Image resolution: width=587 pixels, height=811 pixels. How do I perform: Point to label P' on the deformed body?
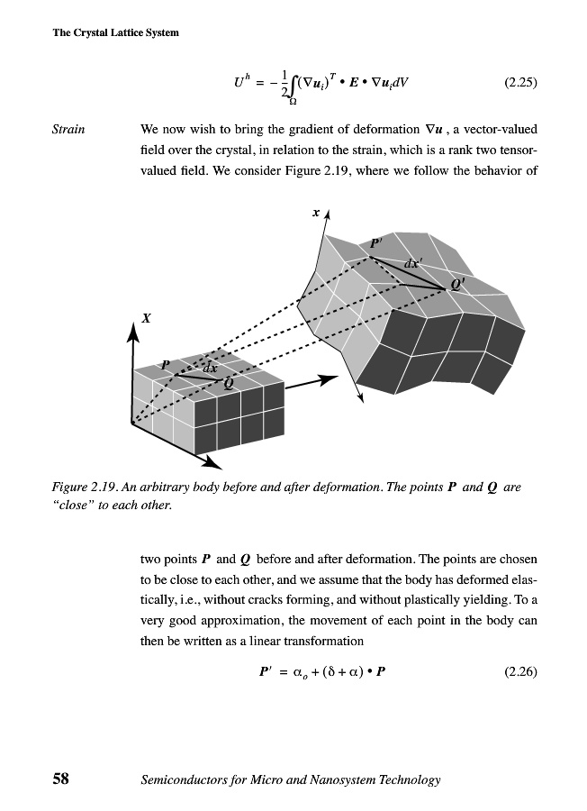point(376,243)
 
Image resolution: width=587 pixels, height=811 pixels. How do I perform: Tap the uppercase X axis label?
point(145,317)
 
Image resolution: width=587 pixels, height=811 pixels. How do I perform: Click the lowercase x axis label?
point(316,214)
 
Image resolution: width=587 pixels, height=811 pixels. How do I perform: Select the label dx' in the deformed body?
point(413,264)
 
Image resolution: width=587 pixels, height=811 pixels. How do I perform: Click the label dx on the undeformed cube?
point(209,368)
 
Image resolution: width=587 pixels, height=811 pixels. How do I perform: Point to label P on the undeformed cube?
point(166,365)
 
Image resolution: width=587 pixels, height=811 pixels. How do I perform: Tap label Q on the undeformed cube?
point(227,382)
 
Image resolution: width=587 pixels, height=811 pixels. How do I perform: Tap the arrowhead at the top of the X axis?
point(133,333)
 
